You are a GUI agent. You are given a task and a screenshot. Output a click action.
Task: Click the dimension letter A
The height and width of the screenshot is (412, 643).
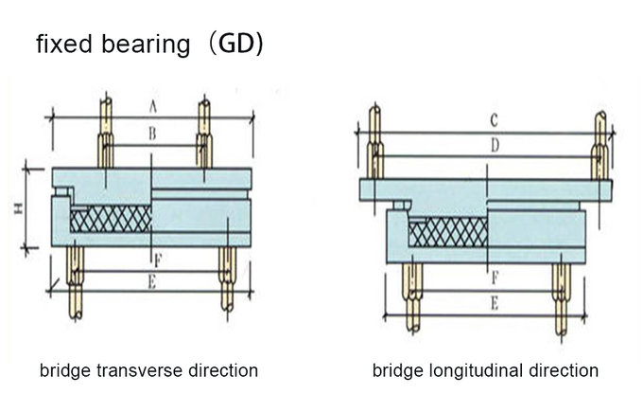[151, 105]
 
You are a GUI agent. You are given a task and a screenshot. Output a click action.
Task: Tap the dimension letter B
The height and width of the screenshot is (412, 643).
[151, 135]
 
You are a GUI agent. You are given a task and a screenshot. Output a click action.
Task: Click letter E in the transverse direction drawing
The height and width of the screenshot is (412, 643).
[151, 281]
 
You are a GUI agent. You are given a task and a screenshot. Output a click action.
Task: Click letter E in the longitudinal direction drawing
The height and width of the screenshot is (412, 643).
[492, 303]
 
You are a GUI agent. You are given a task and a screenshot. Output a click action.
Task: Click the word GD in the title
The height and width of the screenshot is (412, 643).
[238, 45]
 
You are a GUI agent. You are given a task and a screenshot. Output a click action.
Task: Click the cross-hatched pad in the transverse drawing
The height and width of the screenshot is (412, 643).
[111, 220]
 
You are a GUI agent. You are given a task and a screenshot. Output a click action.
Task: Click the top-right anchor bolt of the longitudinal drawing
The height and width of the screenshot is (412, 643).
[600, 146]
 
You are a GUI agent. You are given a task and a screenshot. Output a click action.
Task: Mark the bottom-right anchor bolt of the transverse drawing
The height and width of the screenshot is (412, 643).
[227, 278]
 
